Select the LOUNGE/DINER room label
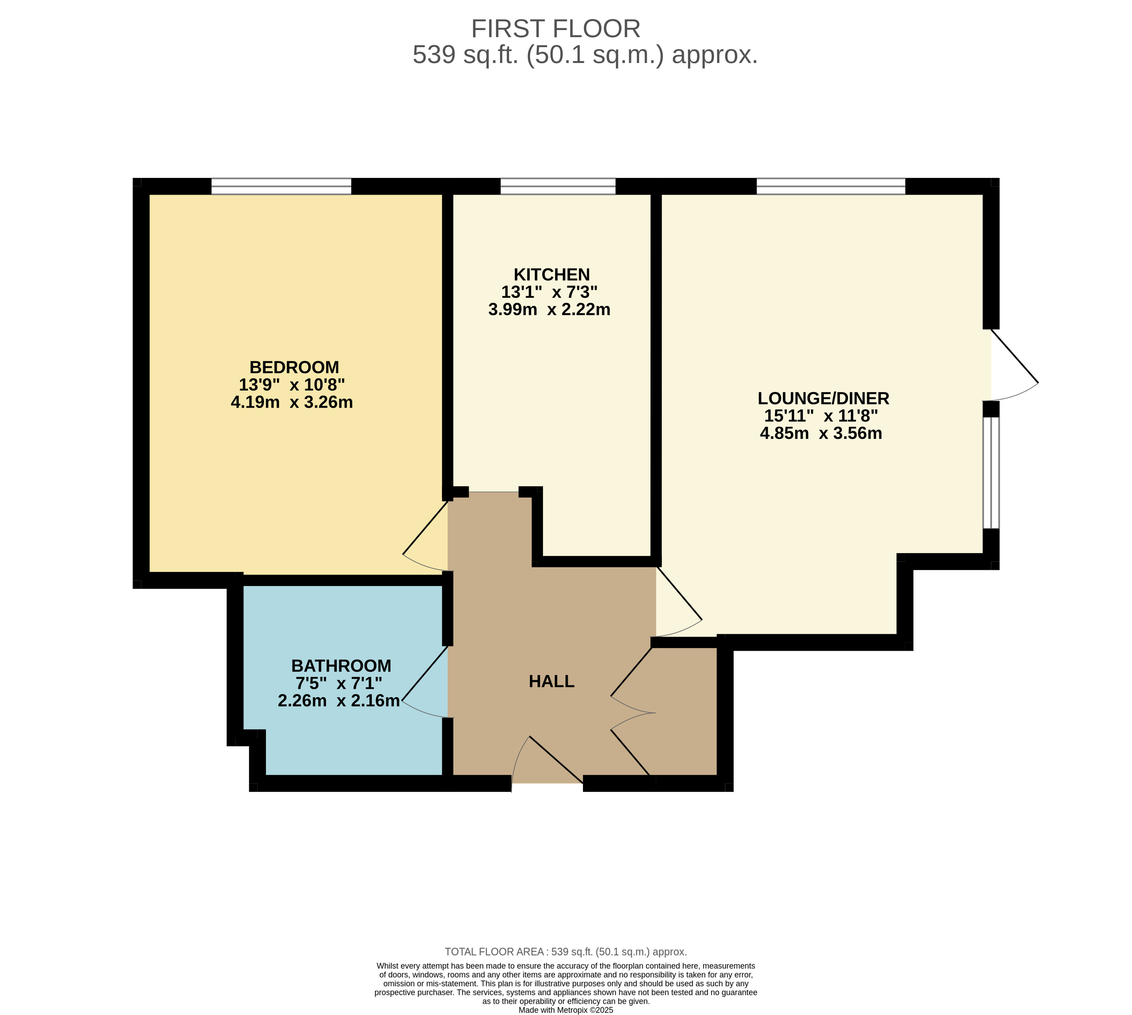(x=823, y=398)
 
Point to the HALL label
(x=551, y=682)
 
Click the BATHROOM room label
(x=341, y=666)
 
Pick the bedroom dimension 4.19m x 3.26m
(x=291, y=402)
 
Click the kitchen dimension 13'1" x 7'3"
(x=549, y=292)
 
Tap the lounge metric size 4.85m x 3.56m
(x=821, y=433)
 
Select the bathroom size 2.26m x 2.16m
(x=338, y=700)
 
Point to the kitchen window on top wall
(x=557, y=186)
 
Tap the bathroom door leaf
(x=425, y=673)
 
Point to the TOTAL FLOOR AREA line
(x=565, y=952)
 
